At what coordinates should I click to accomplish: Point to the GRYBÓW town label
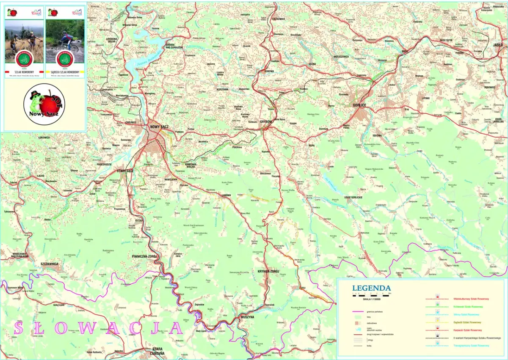266,122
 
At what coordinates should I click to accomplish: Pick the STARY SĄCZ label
125,170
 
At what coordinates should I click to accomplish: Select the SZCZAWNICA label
50,264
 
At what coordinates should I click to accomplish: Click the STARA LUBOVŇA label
157,352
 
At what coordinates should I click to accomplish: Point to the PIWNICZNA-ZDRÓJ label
144,256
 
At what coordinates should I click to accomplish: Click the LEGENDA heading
371,288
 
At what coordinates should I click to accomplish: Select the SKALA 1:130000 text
372,299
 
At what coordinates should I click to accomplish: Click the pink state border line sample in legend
358,311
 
